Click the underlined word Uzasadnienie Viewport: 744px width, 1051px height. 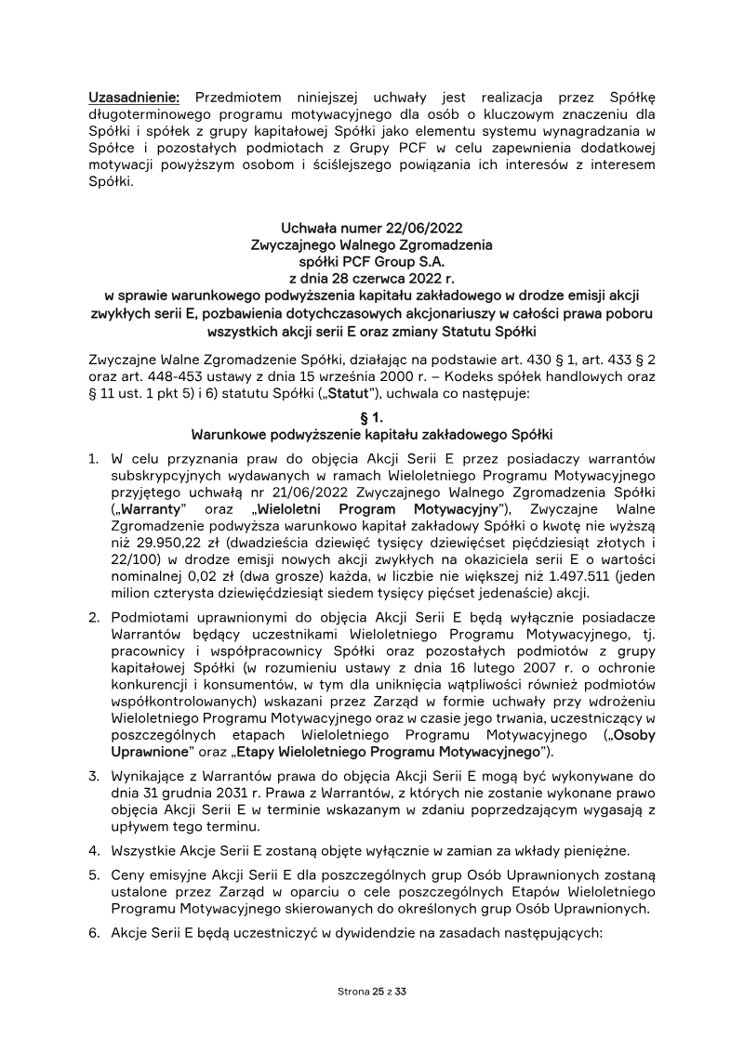(x=138, y=98)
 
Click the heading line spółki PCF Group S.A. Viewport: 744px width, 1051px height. (x=371, y=262)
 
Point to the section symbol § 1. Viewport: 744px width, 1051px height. (x=371, y=418)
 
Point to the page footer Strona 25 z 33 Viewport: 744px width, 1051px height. (x=371, y=992)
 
